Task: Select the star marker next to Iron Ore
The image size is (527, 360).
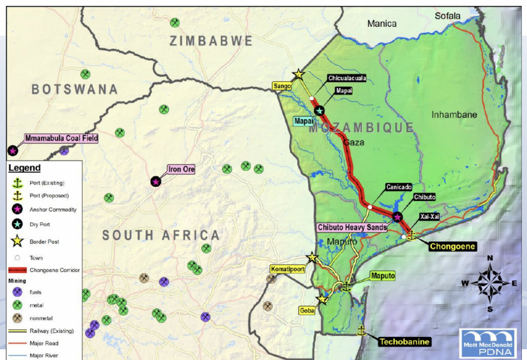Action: [x=156, y=182]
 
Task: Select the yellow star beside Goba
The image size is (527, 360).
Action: [x=322, y=299]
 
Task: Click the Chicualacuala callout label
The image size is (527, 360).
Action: [x=347, y=78]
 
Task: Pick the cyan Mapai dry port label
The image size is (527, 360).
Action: [x=303, y=121]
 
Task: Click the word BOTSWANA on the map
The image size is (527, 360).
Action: [x=75, y=89]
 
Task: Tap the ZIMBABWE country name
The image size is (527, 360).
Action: [x=211, y=41]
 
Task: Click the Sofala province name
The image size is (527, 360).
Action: [x=447, y=16]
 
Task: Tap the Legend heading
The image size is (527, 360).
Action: [x=25, y=168]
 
